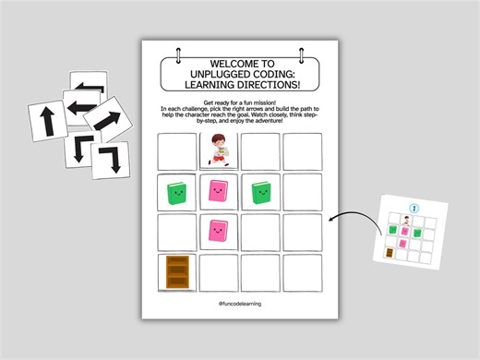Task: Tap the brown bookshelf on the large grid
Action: (x=176, y=273)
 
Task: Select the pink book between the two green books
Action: (x=218, y=192)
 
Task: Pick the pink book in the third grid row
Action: (x=218, y=232)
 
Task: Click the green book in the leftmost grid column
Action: (x=176, y=193)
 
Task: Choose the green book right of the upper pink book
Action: (x=260, y=192)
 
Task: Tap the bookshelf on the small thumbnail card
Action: (x=390, y=252)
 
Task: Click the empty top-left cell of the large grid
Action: (x=176, y=150)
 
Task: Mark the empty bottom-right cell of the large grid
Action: (x=302, y=273)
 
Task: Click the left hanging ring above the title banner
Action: (x=175, y=50)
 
